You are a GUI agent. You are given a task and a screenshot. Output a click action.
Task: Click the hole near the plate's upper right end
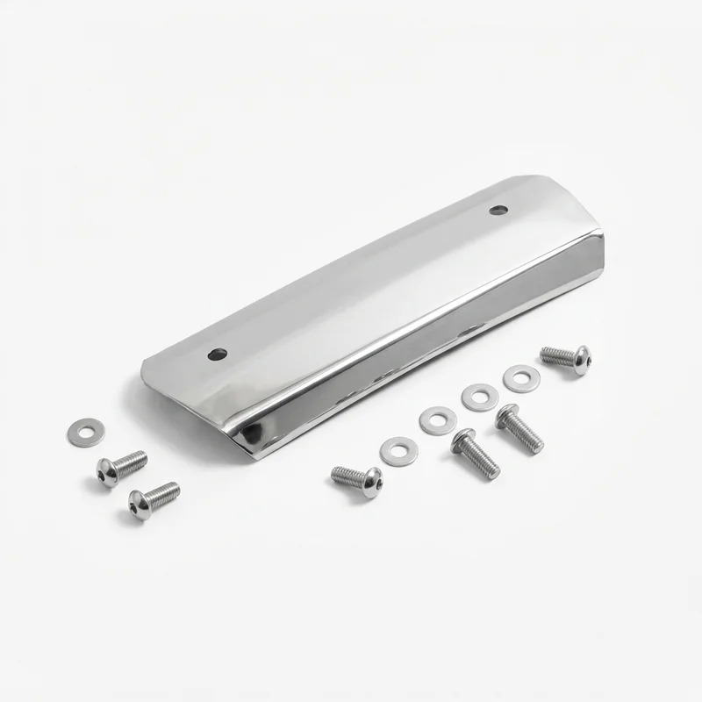498,210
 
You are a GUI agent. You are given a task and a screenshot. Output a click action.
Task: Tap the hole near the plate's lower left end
218,355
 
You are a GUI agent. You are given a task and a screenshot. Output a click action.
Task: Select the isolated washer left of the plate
86,433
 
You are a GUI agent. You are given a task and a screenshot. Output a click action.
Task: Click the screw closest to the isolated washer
121,468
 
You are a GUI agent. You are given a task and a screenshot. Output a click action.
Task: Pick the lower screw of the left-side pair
154,500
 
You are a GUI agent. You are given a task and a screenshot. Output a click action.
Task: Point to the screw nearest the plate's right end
565,358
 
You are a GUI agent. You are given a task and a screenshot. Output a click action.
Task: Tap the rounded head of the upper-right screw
580,360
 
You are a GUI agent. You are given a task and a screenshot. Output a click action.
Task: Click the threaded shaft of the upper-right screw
556,355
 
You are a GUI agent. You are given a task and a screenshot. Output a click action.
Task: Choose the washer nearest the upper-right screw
521,378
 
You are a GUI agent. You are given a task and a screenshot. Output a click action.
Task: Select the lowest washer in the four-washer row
399,451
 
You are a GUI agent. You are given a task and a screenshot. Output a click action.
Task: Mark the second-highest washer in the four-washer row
480,398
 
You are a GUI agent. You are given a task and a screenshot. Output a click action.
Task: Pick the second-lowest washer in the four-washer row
438,420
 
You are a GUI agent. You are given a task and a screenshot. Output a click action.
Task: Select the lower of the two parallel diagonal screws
476,454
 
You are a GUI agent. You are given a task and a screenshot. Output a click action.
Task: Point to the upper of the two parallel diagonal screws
519,429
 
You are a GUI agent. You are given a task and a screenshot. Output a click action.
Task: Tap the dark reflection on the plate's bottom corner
252,433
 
